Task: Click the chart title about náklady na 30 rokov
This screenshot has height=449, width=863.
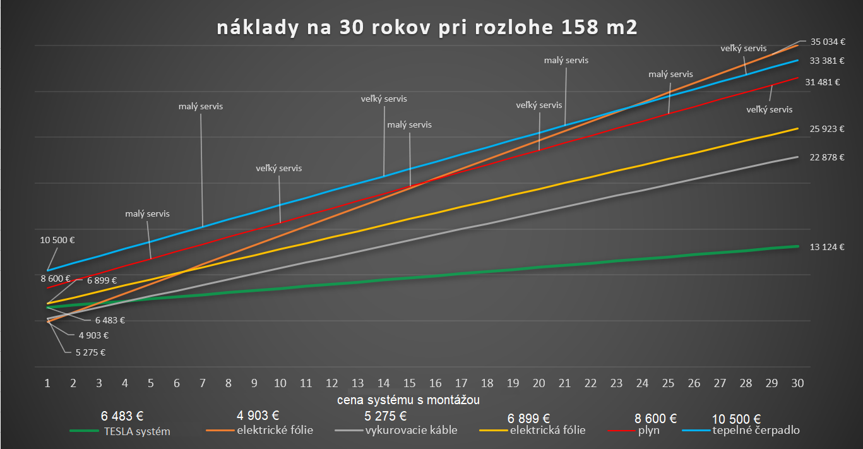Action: pos(427,28)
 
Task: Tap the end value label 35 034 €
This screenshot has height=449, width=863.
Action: pos(828,42)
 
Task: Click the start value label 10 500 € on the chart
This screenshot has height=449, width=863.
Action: pos(57,240)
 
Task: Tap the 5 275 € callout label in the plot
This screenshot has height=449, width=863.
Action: pos(88,352)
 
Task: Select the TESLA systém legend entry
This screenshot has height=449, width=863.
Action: pos(135,431)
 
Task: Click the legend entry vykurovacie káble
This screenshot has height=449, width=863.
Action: pos(411,431)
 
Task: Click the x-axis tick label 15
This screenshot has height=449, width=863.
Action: pos(409,383)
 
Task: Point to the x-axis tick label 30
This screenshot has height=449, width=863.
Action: pos(797,383)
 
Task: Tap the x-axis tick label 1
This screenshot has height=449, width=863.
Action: pos(47,383)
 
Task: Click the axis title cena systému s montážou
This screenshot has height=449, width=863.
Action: pos(408,400)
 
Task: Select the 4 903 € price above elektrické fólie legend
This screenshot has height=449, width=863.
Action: pos(258,416)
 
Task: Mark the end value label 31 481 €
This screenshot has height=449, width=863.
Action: pos(823,82)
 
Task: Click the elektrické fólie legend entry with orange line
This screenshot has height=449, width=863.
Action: pos(275,431)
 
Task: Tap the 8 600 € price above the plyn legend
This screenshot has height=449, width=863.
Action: pos(655,418)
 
